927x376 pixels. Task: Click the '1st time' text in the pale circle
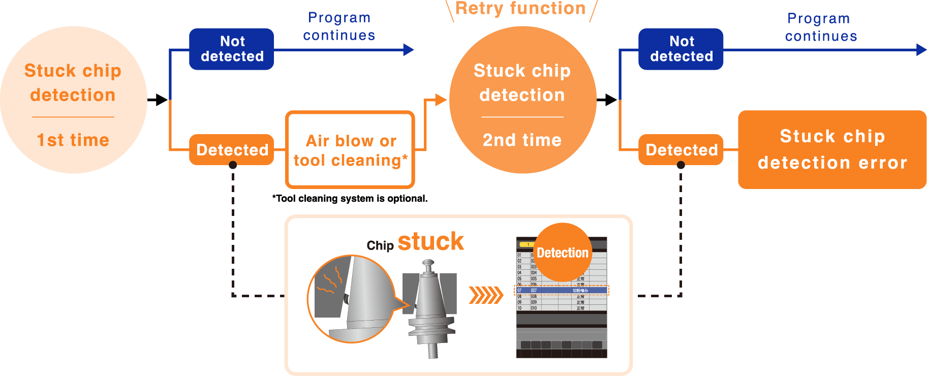[x=73, y=140]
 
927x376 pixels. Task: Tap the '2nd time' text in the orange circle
[x=522, y=140]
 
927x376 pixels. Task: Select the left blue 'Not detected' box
[x=232, y=49]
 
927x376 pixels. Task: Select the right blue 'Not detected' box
[x=681, y=49]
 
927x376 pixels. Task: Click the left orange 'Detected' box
[x=232, y=150]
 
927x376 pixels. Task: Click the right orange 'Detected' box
[x=681, y=150]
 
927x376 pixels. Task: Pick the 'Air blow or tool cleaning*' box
[x=350, y=150]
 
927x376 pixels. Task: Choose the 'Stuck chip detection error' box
[x=832, y=149]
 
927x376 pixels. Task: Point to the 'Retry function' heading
[x=520, y=9]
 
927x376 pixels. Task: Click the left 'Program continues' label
[x=339, y=26]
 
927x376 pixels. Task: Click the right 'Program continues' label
[x=820, y=27]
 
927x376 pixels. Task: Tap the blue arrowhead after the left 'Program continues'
[x=409, y=50]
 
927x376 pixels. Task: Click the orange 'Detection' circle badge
[x=562, y=253]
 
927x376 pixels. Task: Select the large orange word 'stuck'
[x=430, y=241]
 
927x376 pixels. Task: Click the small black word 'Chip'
[x=380, y=246]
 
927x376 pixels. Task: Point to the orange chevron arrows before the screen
[x=485, y=295]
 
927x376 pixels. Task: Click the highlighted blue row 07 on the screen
[x=562, y=291]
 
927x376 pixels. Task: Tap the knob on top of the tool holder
[x=428, y=264]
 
